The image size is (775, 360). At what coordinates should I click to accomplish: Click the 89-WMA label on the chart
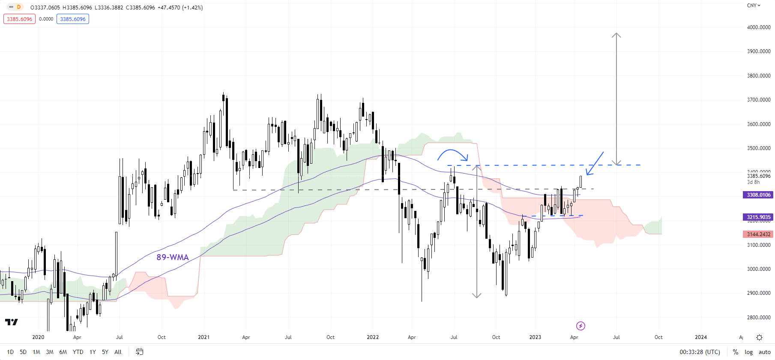172,257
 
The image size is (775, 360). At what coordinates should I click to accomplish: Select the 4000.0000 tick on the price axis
758,27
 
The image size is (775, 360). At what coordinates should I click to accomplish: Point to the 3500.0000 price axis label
758,148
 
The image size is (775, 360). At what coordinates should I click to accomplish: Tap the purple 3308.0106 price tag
758,195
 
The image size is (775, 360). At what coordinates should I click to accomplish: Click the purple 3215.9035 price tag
758,217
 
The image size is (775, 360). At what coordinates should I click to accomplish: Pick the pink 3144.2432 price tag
758,234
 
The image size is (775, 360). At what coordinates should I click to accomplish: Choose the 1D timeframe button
10,352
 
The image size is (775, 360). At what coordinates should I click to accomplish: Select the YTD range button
78,352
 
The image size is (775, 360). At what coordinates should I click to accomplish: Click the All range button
118,352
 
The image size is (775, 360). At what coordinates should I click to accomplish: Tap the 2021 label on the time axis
203,337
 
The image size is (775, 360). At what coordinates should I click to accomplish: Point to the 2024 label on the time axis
700,337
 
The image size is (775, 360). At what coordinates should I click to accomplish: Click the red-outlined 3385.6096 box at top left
19,19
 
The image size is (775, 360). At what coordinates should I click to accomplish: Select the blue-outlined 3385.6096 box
73,19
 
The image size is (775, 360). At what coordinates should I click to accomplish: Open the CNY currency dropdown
753,6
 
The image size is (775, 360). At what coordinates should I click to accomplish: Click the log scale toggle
748,352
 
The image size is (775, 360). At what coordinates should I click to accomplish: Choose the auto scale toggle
764,352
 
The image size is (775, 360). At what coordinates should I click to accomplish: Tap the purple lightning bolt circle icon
581,326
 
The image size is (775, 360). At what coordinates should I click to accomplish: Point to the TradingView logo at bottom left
12,322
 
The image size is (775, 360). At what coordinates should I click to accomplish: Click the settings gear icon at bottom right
759,338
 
